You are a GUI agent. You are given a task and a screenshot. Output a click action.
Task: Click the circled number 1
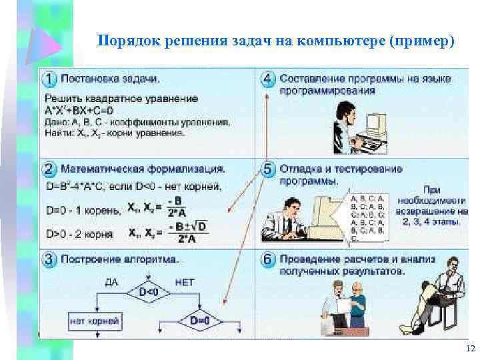coord(50,79)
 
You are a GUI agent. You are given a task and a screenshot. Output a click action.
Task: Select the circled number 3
coord(50,259)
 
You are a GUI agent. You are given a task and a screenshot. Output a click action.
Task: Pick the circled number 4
coord(268,79)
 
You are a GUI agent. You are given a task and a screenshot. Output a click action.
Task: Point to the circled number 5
coord(268,169)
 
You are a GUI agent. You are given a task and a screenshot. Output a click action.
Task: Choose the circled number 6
coord(268,259)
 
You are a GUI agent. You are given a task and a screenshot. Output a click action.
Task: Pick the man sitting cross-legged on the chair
coord(437,290)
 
